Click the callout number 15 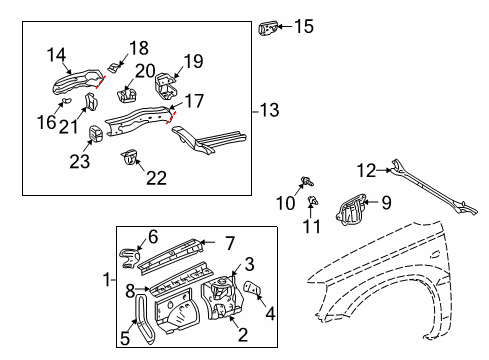click(304, 26)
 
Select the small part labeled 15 click(268, 28)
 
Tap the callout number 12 click(366, 170)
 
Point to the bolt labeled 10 click(308, 181)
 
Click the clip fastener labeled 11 click(313, 200)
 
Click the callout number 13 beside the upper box click(269, 110)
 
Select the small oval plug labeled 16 click(67, 100)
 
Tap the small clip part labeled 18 click(113, 67)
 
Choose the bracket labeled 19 click(166, 86)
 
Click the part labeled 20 click(127, 95)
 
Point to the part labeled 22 click(130, 156)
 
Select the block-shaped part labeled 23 click(96, 134)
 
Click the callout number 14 click(56, 55)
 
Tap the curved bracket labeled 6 click(130, 258)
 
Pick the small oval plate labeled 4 click(253, 288)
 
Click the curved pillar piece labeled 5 click(144, 318)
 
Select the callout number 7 click(230, 243)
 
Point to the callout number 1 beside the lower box click(107, 279)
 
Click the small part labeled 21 click(91, 102)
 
